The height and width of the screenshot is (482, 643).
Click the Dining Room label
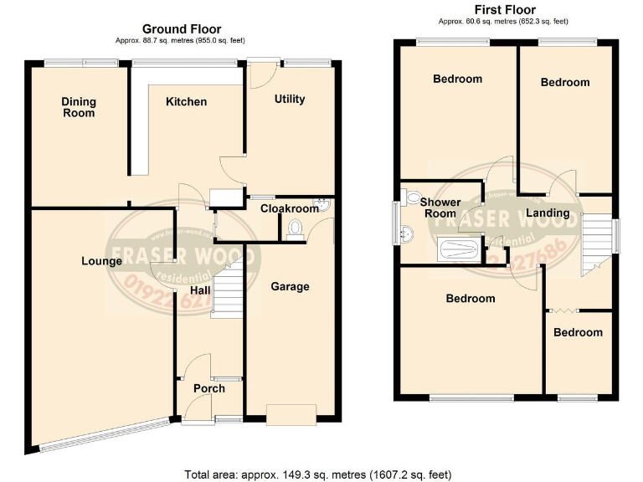[x=79, y=107]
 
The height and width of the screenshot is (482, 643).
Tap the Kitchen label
[x=186, y=102]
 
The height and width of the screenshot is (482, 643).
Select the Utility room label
[x=290, y=99]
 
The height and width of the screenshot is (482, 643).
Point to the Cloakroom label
[x=290, y=208]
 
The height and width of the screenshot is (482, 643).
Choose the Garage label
[x=290, y=286]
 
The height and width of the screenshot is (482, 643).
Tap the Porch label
[x=208, y=388]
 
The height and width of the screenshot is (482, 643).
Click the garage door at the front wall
[x=291, y=413]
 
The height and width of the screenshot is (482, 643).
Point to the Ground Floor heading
[x=181, y=29]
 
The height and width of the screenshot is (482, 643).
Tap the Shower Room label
[x=440, y=208]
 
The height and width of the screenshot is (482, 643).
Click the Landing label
[x=548, y=213]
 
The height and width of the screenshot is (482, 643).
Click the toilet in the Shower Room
[x=413, y=197]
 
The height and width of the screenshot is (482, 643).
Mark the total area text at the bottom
[x=317, y=474]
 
